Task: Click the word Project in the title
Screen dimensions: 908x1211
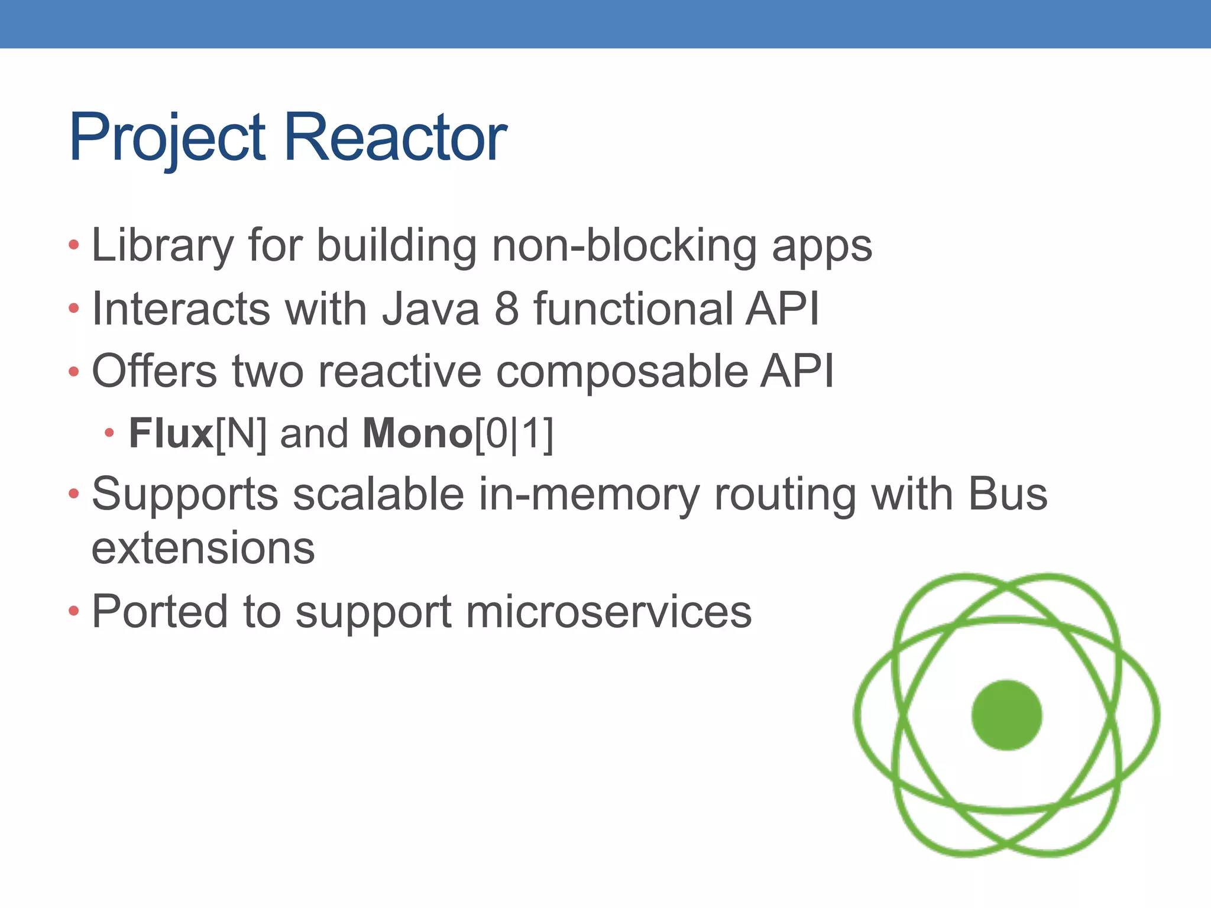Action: (167, 138)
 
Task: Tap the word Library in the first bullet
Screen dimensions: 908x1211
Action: (163, 246)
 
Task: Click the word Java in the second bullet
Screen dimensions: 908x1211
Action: (430, 309)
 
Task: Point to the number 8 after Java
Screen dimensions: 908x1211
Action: (506, 309)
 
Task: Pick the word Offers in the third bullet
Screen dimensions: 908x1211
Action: (154, 371)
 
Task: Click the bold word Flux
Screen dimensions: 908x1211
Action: (171, 434)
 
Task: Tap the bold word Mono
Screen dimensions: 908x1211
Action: (417, 434)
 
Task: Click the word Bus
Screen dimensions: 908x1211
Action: (1007, 494)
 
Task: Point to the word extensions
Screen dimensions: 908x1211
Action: (203, 549)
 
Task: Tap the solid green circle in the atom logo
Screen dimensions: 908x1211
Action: (1006, 715)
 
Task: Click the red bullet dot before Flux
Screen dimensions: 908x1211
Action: (109, 433)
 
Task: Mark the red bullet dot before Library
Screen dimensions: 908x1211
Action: (73, 245)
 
